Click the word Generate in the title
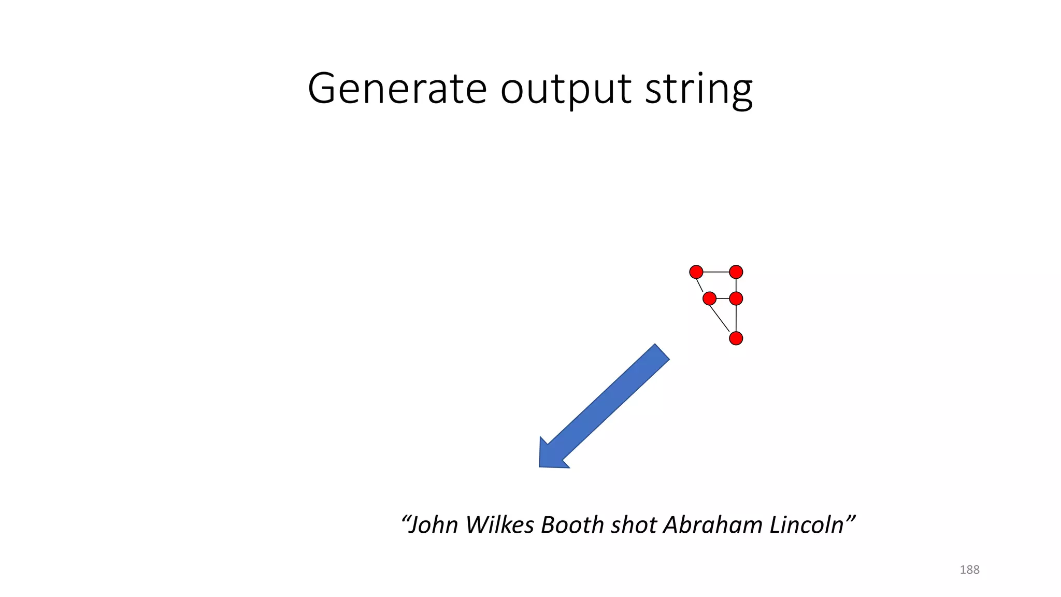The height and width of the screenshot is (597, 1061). (397, 89)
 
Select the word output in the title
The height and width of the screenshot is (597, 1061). (566, 90)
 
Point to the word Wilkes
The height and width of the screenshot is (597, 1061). (499, 525)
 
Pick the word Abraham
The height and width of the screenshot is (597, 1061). (713, 525)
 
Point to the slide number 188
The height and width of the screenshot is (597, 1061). (969, 570)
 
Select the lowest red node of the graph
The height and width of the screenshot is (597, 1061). (736, 338)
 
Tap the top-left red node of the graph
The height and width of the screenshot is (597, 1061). (696, 272)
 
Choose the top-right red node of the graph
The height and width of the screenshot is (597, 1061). (736, 272)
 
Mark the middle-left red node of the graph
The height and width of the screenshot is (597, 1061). (709, 298)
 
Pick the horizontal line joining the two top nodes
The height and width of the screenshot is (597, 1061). (716, 272)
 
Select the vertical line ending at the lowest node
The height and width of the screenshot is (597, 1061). (736, 318)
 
